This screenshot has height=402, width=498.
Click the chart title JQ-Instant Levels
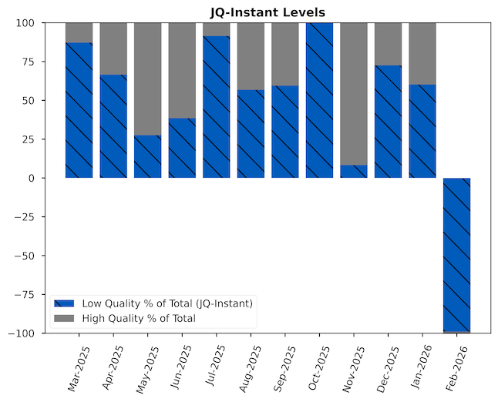coord(268,12)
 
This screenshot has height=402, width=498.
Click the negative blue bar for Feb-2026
coord(456,254)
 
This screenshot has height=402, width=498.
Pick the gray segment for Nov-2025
coord(353,93)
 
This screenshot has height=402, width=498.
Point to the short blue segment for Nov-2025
coord(353,171)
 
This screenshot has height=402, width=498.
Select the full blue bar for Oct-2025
coord(319,100)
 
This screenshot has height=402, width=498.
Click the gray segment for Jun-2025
coord(182,70)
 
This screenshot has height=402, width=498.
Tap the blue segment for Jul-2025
coord(216,107)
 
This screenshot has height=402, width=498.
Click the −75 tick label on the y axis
coord(25,294)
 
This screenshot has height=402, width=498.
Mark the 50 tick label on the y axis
coord(30,100)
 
